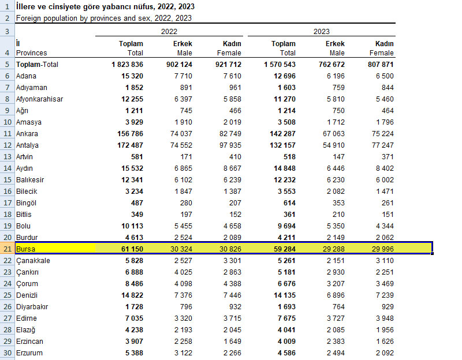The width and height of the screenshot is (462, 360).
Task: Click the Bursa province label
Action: click(26, 249)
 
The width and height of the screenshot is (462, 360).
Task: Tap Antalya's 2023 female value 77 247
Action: click(381, 145)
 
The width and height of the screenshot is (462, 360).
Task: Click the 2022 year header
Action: click(169, 32)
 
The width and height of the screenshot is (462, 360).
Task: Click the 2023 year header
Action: click(322, 32)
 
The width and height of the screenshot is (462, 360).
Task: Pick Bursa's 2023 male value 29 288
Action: click(332, 249)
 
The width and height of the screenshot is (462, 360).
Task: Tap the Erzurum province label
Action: click(29, 352)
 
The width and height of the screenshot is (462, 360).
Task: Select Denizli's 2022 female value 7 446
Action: click(230, 295)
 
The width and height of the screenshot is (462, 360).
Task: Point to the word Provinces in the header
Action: click(32, 53)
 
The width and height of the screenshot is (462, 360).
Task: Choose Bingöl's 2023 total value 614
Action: click(288, 202)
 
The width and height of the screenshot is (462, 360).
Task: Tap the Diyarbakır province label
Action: click(32, 306)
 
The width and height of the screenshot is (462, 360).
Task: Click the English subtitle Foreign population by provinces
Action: click(104, 18)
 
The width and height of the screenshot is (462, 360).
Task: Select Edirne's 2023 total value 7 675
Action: click(284, 318)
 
